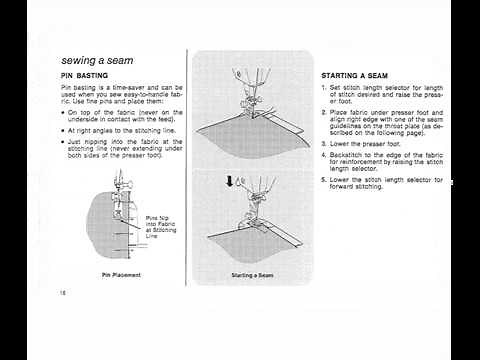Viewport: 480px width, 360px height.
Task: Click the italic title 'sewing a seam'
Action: [x=100, y=60]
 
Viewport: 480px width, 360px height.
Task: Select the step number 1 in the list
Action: [x=324, y=89]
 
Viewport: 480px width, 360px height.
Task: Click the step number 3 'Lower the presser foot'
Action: [x=324, y=144]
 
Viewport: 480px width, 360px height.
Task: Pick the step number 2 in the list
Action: [x=324, y=111]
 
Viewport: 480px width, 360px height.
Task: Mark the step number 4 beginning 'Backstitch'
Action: [x=324, y=155]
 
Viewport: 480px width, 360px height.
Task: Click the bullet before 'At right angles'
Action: [x=63, y=130]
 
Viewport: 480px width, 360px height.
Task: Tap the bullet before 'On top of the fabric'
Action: [x=63, y=113]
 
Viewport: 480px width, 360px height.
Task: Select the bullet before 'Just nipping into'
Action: [x=63, y=142]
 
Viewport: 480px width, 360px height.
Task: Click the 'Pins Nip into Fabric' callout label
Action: [x=158, y=225]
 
